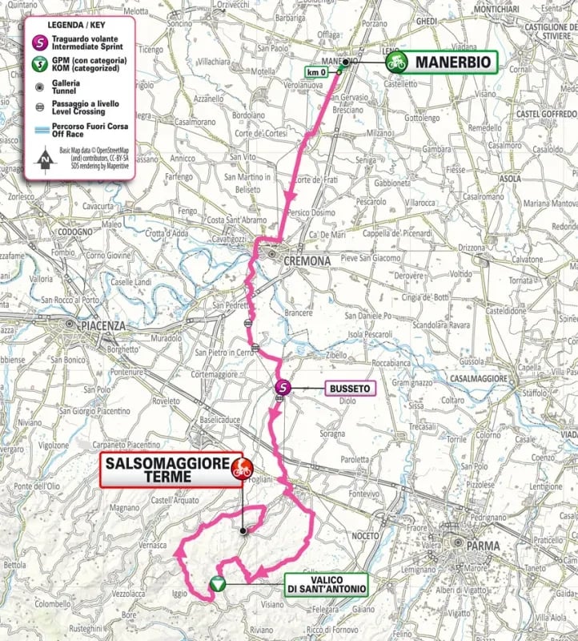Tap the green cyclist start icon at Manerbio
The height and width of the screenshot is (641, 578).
[x=394, y=62]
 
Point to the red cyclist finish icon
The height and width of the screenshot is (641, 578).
[x=238, y=470]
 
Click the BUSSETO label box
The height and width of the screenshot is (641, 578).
[x=349, y=388]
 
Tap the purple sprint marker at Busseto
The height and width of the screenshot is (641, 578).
[x=281, y=388]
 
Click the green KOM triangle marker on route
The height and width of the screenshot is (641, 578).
[x=216, y=585]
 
